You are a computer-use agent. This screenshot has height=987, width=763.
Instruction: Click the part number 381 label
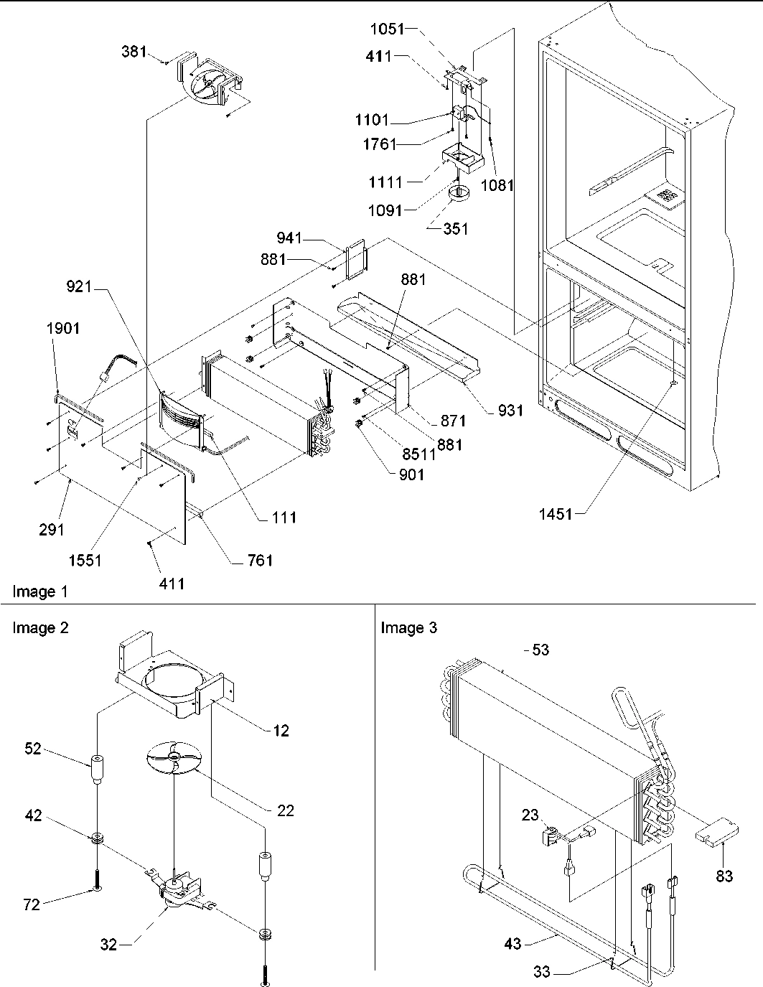click(134, 52)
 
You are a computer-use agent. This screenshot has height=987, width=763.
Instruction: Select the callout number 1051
click(388, 29)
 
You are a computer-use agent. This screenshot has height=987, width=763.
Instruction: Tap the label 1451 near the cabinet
click(556, 513)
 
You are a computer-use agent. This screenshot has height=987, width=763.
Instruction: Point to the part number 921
click(80, 286)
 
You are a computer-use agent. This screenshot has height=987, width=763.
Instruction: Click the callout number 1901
click(64, 328)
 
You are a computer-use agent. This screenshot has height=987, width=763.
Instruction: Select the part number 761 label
click(258, 560)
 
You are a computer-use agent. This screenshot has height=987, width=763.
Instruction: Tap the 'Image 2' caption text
click(41, 628)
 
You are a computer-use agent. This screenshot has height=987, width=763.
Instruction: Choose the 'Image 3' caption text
click(408, 628)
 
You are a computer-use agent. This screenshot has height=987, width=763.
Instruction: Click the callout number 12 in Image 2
click(281, 730)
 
